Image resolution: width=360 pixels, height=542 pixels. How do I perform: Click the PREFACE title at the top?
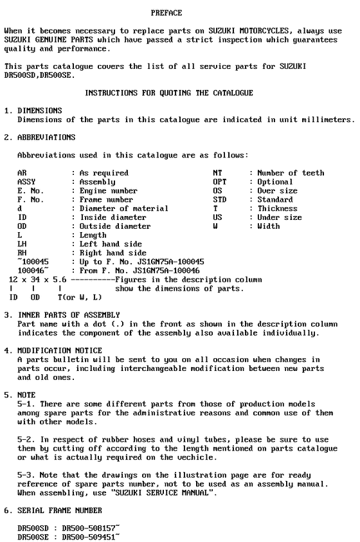(166, 13)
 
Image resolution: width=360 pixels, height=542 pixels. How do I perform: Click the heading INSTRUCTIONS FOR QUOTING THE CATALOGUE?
(169, 93)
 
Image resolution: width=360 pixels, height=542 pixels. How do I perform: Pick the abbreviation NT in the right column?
(217, 173)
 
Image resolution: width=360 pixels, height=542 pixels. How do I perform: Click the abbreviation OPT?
(219, 182)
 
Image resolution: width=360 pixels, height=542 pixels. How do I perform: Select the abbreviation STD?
(219, 199)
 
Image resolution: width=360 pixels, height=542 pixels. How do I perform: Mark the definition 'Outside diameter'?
(115, 226)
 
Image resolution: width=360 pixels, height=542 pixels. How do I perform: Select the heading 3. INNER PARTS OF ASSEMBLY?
(62, 315)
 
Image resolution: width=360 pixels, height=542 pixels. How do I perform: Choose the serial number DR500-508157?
(91, 527)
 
